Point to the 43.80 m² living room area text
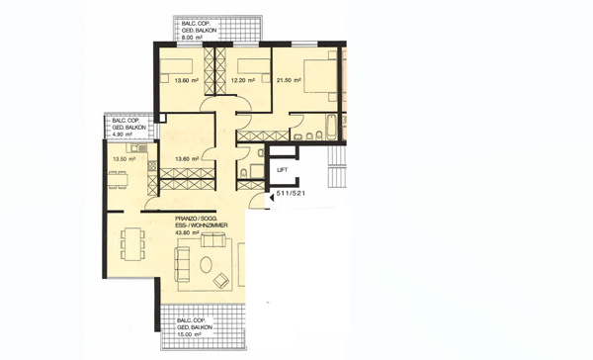(189, 233)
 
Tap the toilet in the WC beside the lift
(243, 175)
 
